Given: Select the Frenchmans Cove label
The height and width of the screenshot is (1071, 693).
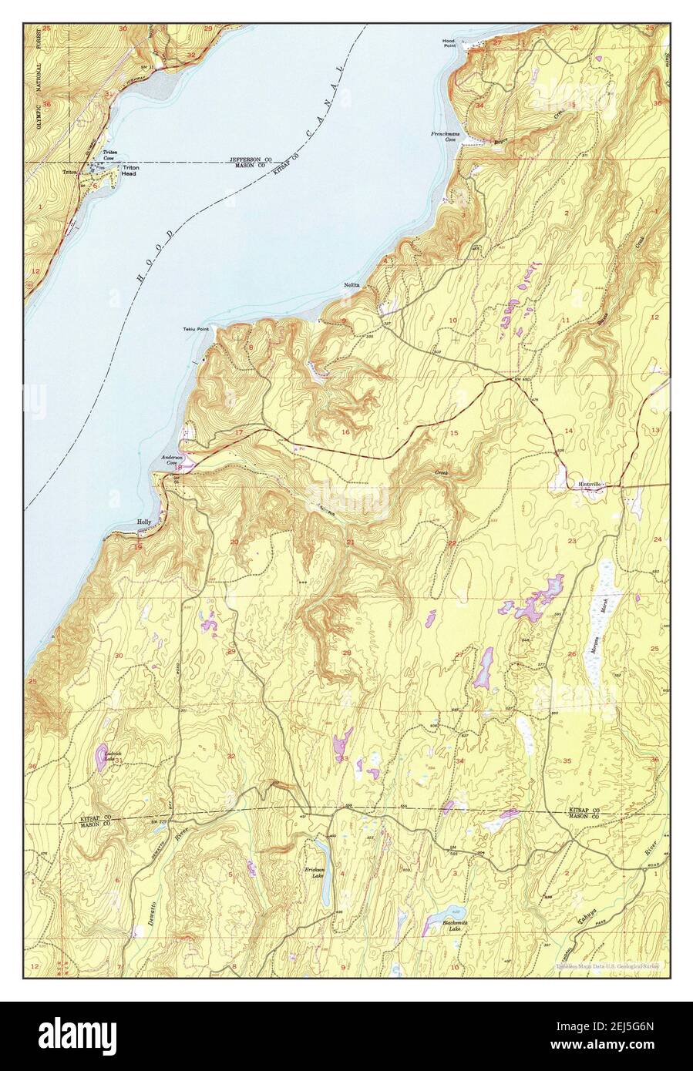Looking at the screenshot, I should [x=446, y=137].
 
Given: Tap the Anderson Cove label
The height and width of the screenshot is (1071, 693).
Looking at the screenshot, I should [x=170, y=460].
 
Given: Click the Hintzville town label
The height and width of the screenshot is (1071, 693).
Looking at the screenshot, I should [x=592, y=484].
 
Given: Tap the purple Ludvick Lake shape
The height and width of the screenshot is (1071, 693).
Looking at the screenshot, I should [x=101, y=756].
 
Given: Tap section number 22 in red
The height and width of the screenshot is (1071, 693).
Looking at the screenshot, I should [x=452, y=544].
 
